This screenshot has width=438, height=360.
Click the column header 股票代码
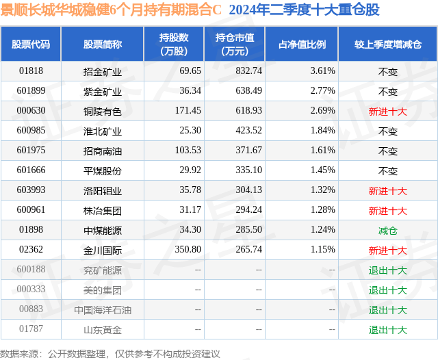click(x=31, y=44)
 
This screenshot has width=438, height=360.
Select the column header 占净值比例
click(x=302, y=44)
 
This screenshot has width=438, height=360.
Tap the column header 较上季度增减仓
click(x=388, y=44)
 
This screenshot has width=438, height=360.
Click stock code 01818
click(x=31, y=71)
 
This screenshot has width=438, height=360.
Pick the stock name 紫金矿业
click(x=103, y=91)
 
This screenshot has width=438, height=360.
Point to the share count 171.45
click(x=188, y=111)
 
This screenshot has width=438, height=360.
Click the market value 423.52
click(x=248, y=131)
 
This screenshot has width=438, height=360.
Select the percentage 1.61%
click(x=322, y=151)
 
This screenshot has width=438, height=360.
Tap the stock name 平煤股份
click(x=103, y=170)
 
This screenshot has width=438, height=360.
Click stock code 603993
click(x=31, y=190)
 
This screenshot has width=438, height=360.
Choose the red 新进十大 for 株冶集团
click(x=388, y=211)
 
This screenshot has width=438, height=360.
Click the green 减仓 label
click(x=388, y=231)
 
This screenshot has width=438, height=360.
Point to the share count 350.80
click(x=188, y=249)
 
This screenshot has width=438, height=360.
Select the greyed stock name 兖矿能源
click(x=103, y=270)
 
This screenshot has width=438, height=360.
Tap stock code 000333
click(x=31, y=289)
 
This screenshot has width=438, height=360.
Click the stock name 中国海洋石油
click(x=103, y=310)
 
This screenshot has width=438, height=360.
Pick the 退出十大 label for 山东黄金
click(x=388, y=330)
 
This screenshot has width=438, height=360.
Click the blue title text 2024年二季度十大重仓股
click(x=304, y=10)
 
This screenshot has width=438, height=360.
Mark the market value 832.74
click(x=248, y=71)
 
